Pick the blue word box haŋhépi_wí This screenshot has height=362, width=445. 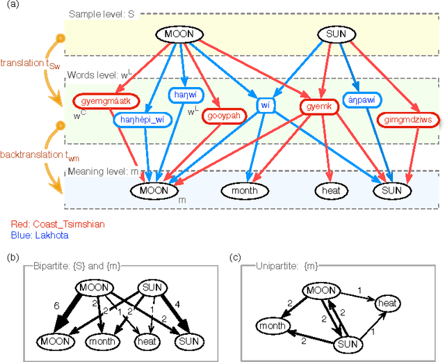tap(142, 120)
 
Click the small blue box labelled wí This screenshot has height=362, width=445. tap(265, 105)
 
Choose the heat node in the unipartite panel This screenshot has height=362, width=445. tap(387, 303)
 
